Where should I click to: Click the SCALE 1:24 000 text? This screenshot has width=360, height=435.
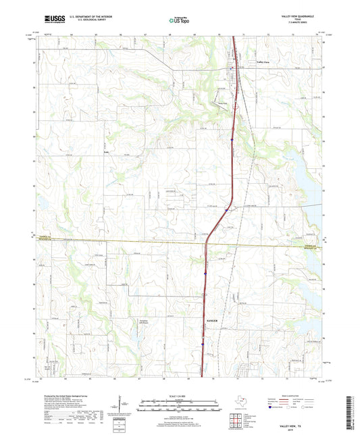[x=179, y=395]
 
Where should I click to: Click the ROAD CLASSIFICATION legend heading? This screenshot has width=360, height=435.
[x=292, y=396]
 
